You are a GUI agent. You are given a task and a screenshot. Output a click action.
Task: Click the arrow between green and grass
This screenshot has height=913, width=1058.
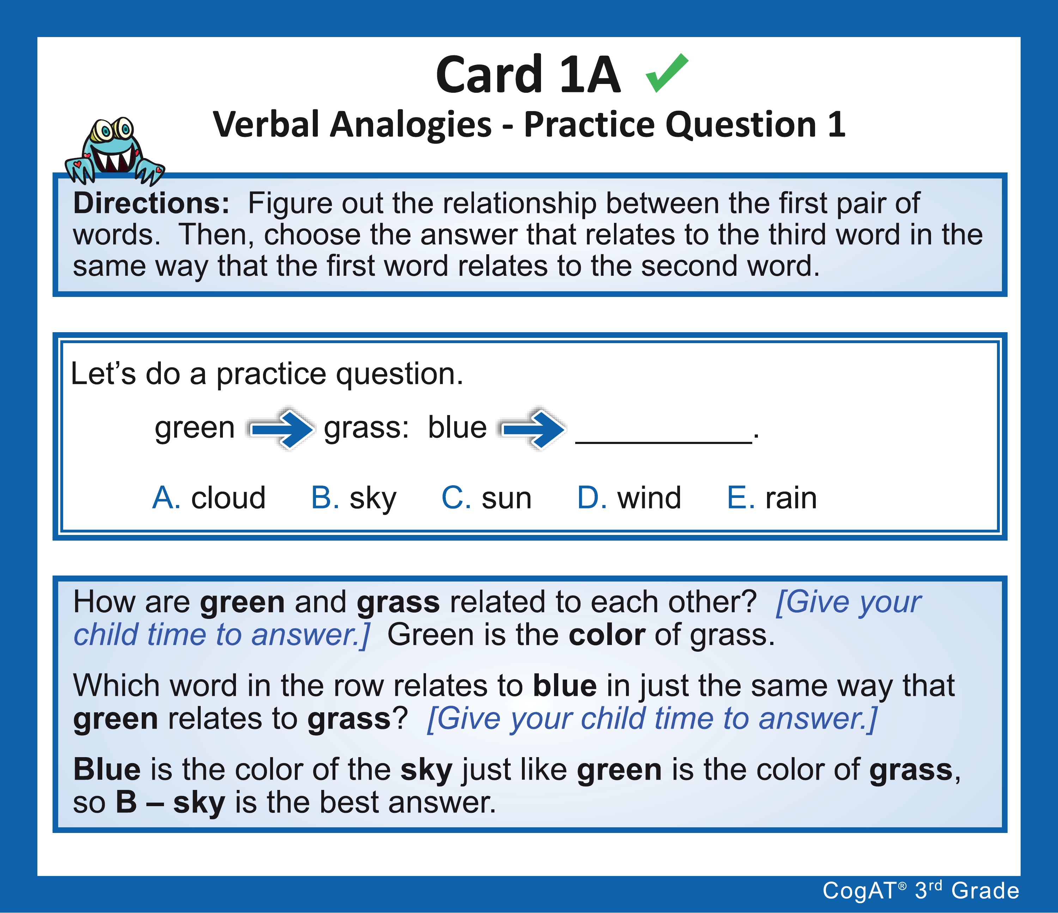280,429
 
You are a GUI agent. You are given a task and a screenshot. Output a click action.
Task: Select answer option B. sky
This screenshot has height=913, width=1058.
353,498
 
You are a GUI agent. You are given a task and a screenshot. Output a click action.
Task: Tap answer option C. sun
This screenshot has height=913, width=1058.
487,498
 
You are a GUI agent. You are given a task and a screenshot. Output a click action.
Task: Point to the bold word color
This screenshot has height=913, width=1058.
607,635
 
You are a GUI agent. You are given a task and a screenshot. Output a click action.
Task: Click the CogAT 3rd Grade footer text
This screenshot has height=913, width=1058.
921,890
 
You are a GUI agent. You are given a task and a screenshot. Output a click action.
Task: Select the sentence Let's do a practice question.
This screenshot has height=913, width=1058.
267,374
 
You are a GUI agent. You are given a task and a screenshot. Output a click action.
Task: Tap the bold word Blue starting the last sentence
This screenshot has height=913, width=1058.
107,769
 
